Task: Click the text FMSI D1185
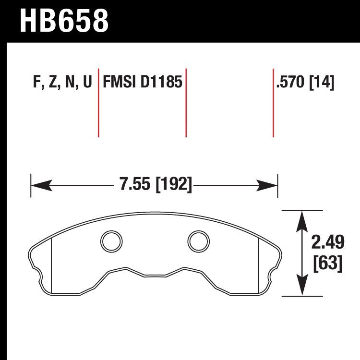142,83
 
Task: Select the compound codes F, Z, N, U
62,83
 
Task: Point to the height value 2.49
328,244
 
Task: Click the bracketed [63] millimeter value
328,264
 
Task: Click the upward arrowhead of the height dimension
301,219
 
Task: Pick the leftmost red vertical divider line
98,103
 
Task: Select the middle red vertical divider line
186,103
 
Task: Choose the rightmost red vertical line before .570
273,103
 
